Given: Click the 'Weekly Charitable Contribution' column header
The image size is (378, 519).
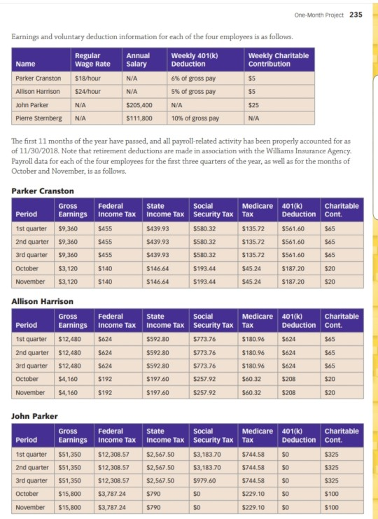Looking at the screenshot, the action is coord(278,60).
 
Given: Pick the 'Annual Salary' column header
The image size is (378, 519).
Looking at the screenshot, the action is coord(137,60).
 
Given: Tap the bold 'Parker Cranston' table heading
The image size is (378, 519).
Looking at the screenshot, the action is coord(43,191).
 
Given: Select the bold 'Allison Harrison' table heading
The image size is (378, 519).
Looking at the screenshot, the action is coord(44,300).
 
